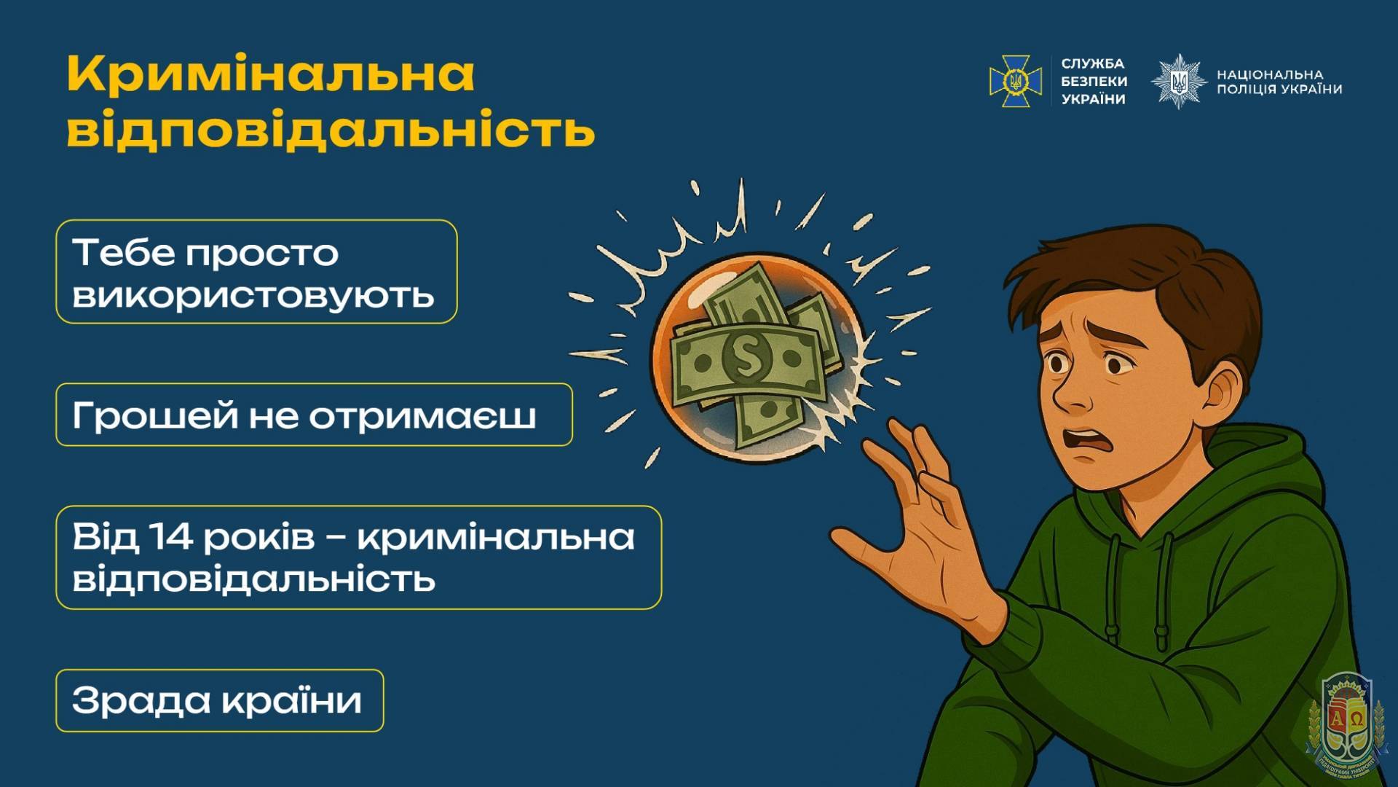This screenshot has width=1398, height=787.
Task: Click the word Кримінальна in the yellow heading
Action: point(271,74)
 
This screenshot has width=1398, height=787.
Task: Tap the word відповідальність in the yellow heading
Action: point(331,130)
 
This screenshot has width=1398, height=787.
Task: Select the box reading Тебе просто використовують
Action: point(256,271)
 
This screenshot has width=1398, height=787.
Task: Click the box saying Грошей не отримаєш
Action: point(314,415)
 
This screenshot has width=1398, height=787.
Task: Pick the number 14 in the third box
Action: point(171,537)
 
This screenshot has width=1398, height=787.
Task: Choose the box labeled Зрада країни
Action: point(219,700)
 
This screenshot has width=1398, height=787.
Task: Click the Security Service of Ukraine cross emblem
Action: point(1011,81)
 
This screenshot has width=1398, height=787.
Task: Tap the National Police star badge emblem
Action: point(1179,81)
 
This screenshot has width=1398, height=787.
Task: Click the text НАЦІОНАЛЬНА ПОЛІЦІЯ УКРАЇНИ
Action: point(1279,82)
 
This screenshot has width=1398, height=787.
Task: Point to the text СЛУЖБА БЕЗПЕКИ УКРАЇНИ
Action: point(1094,81)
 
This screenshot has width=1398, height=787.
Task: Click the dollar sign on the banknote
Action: point(747,357)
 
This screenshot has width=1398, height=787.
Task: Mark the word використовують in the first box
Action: point(253,295)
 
